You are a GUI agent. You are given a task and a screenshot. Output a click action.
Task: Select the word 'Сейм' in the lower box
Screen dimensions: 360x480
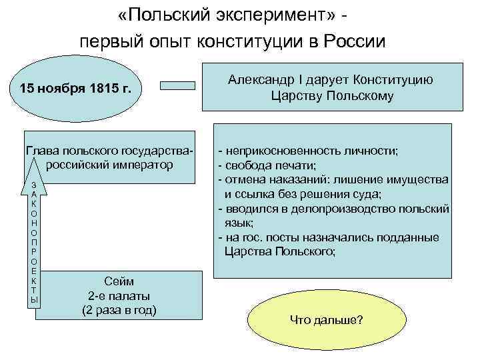[119, 282]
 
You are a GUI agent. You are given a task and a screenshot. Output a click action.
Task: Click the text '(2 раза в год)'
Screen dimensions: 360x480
[119, 310]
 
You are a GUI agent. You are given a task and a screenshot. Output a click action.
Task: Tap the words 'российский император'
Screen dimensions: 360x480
[111, 165]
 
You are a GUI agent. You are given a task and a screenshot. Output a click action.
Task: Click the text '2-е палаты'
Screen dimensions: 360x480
[119, 296]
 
